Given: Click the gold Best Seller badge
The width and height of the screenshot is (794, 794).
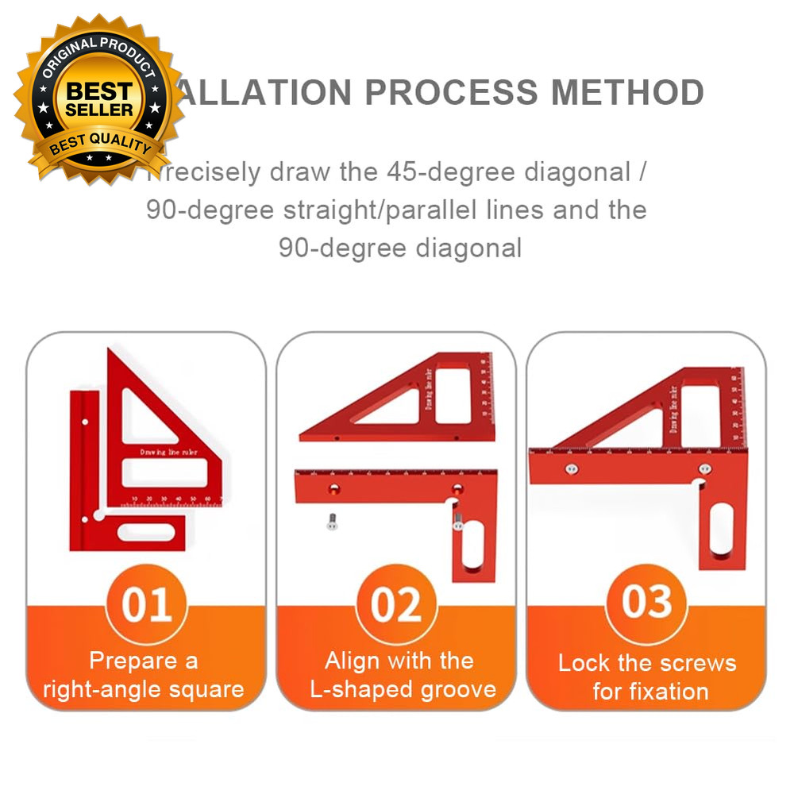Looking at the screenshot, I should pos(99,99).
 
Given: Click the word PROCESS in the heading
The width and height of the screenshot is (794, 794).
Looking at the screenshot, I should pos(451,93).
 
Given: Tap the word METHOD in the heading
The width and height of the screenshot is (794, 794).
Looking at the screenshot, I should pos(627,93).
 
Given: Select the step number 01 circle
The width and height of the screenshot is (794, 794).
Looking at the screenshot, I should pos(146,605).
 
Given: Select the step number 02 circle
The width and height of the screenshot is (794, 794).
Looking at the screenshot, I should pos(396,605).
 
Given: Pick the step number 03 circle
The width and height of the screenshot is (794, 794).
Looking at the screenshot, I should pos(646,602).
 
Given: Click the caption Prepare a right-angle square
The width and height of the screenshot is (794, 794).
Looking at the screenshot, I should pos(144,674).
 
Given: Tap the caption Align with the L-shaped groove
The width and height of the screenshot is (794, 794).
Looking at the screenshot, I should pos(399,674).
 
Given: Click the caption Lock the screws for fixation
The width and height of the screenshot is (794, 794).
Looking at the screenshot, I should pos(648,676).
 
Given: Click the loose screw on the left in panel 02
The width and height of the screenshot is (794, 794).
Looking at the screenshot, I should pos(331,522).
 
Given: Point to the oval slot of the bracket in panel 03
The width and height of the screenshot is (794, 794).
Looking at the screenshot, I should pos(722,529).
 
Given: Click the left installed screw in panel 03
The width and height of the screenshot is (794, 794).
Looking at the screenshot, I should pos(569,468).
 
